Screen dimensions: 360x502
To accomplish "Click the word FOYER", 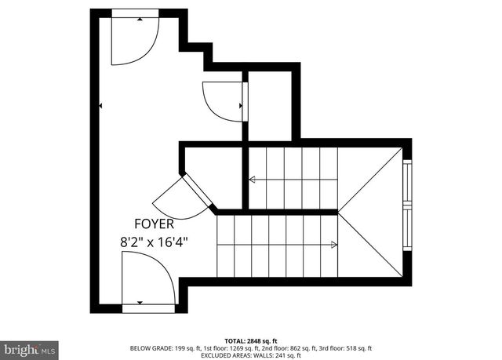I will [153, 224].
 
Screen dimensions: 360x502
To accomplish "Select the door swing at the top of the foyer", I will [135, 39].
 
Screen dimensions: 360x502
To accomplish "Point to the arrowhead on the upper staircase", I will [253, 180].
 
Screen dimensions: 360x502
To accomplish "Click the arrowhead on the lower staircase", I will [334, 245].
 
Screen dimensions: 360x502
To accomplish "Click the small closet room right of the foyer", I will [270, 106].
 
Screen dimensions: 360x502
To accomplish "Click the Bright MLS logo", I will [30, 346].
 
